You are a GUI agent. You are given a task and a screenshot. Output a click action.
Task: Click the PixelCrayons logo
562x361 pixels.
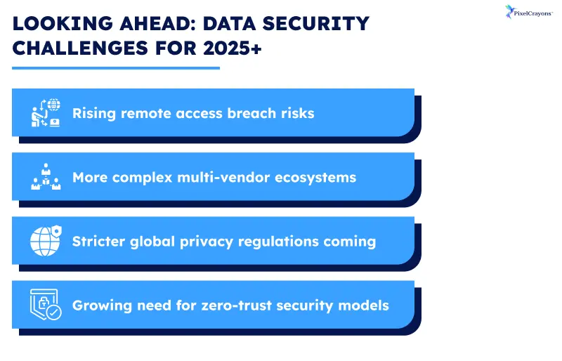[x=528, y=13]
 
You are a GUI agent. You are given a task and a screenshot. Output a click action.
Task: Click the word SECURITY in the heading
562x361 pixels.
[x=308, y=24]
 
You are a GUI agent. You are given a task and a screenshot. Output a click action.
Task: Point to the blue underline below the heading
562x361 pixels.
[x=116, y=68]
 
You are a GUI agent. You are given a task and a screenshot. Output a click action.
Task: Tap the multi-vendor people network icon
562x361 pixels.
[x=45, y=177]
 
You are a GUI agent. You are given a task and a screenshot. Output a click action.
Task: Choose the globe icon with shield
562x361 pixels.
[x=45, y=241]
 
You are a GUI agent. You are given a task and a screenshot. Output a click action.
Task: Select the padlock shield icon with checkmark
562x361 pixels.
[x=45, y=305]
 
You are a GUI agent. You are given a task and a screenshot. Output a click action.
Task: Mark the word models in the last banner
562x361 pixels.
[x=365, y=306]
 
